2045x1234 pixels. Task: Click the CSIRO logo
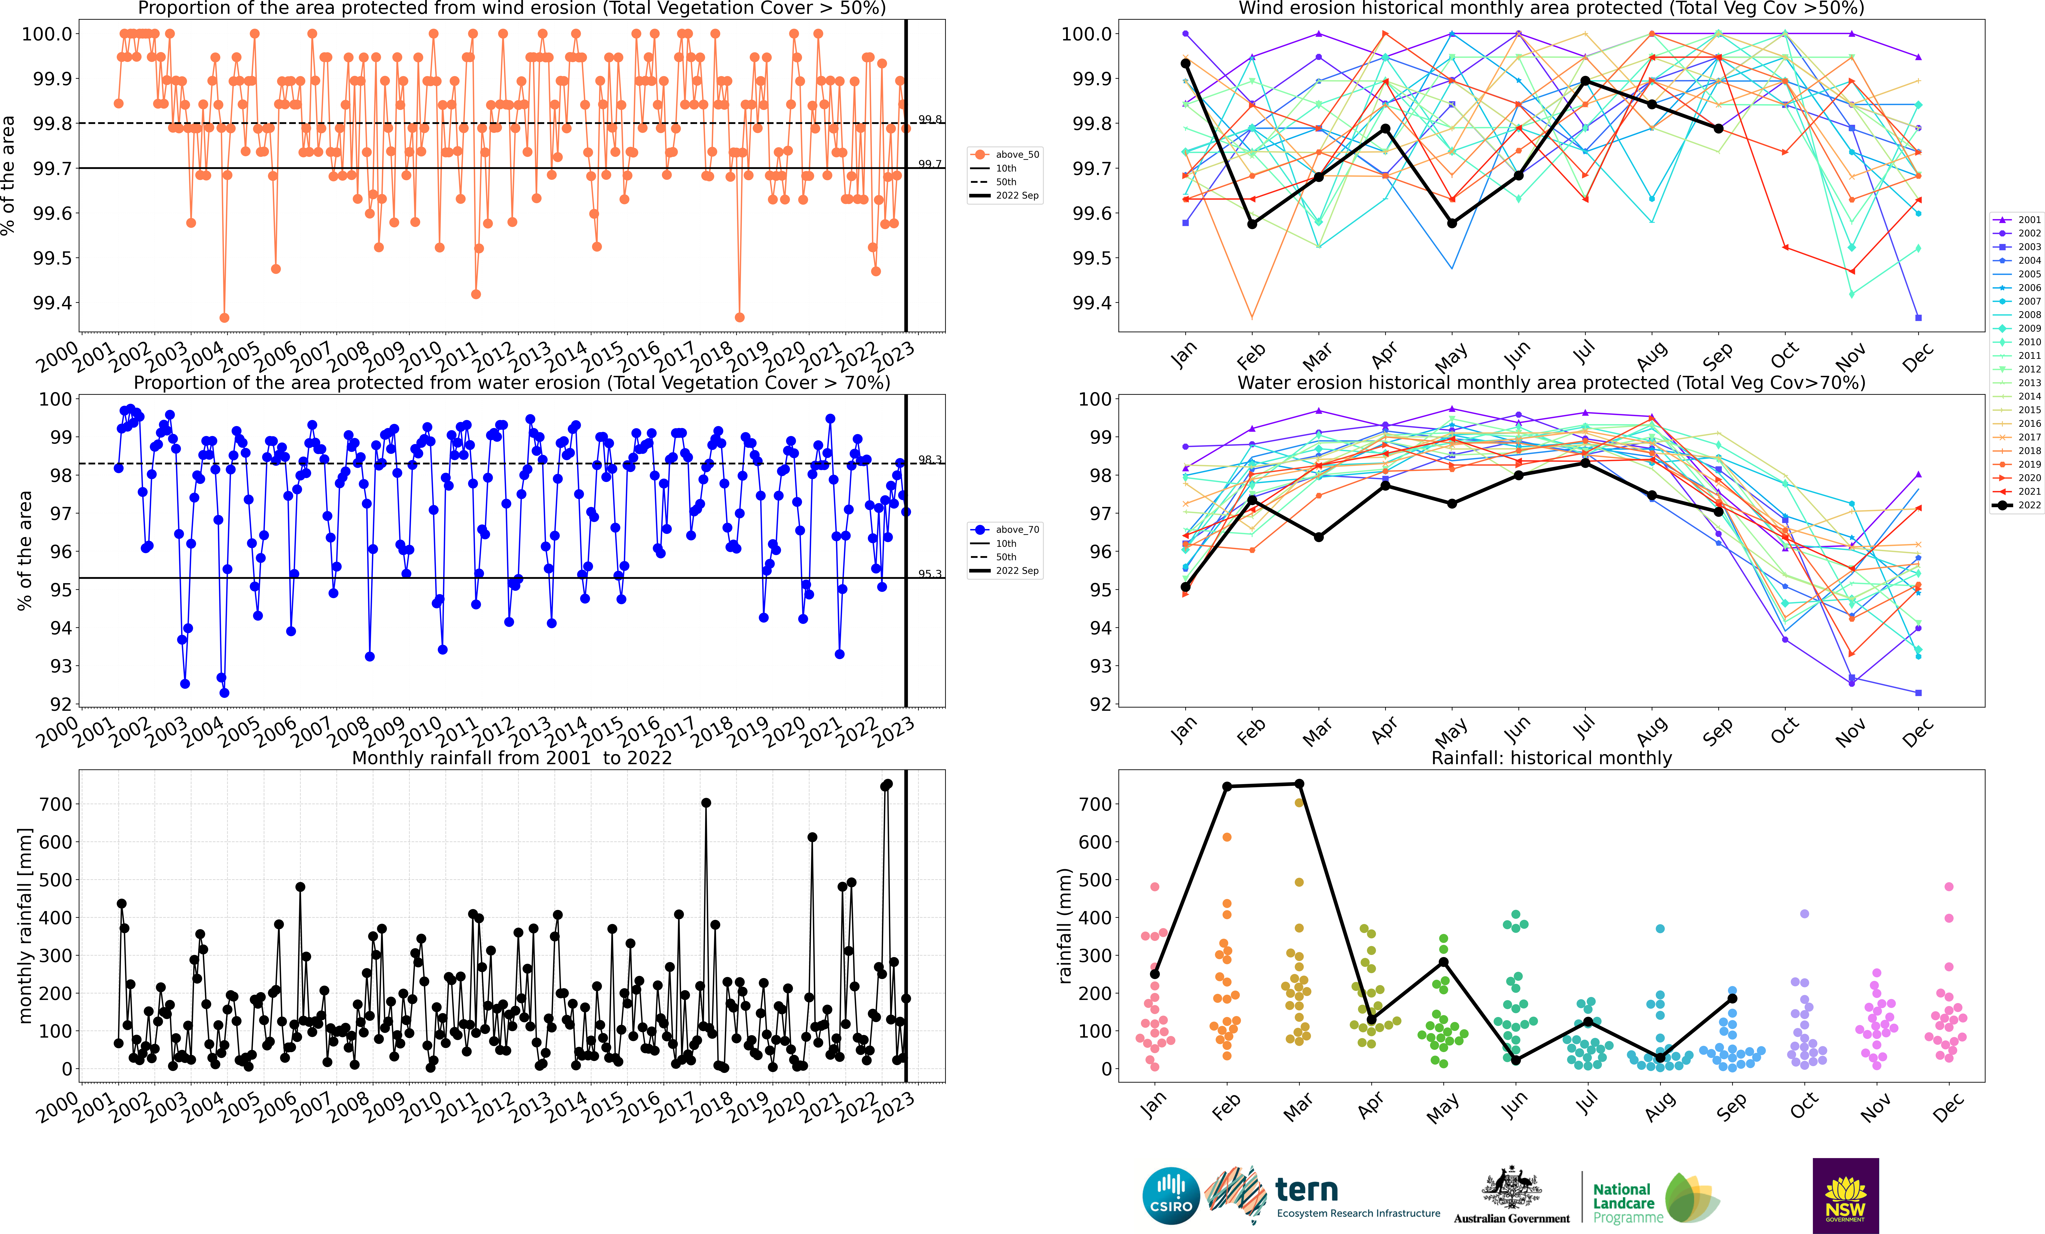[x=1171, y=1196]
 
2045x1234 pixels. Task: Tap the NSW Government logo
[x=1845, y=1196]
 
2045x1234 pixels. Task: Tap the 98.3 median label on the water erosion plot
[x=930, y=460]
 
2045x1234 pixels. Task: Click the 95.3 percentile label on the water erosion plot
[x=930, y=573]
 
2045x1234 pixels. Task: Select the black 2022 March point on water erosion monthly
[x=1319, y=537]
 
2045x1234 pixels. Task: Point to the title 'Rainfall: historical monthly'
[x=1551, y=758]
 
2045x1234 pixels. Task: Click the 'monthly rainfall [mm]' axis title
[x=25, y=925]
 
